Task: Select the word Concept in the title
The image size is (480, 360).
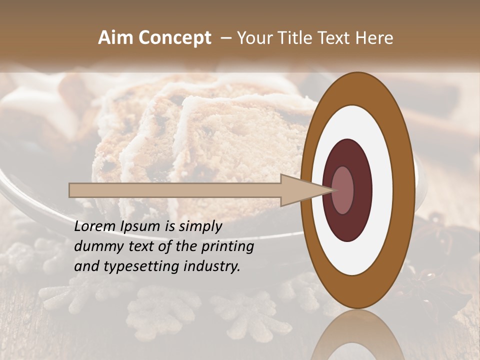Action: coord(174,38)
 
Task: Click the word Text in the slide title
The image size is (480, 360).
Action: coord(334,38)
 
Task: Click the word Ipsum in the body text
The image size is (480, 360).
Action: coord(141,227)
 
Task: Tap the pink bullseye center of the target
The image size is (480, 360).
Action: coord(342,190)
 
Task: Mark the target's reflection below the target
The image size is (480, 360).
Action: coord(352,337)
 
